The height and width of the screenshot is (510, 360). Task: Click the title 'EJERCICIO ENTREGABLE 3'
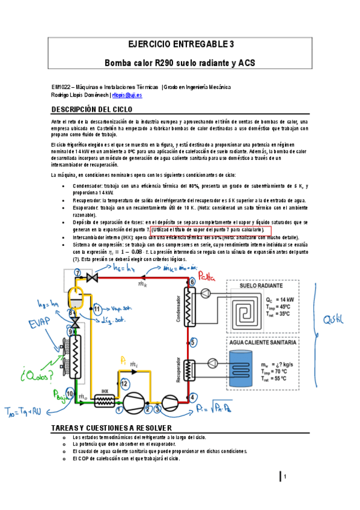coord(180,44)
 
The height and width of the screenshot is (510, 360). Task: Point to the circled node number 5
coord(192,342)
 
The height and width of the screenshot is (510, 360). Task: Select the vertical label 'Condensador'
coord(178,308)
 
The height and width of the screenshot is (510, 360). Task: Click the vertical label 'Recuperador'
coord(178,367)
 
